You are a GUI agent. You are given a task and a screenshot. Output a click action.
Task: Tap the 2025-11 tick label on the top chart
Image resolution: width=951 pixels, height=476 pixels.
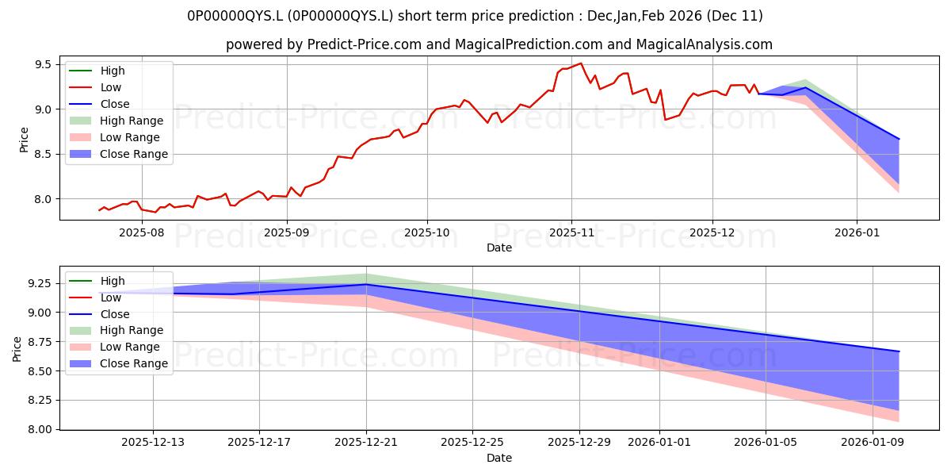pos(571,232)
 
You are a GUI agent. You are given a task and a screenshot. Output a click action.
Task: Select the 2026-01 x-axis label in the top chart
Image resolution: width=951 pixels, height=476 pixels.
pos(857,232)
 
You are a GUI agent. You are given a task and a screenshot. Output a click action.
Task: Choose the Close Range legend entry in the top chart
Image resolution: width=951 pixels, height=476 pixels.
pos(133,154)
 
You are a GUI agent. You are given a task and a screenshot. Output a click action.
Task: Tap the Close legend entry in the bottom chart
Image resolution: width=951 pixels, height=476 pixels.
pos(115,314)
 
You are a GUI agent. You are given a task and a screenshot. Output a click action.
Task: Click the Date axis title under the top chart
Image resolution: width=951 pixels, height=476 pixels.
pos(499,248)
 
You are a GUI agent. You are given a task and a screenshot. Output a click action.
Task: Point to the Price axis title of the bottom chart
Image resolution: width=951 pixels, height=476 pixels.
pos(17,347)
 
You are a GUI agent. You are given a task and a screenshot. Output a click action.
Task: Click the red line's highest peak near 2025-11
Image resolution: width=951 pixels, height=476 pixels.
pos(581,63)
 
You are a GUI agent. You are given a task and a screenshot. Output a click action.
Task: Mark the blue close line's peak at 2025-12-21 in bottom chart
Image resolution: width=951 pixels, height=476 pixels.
pos(366,284)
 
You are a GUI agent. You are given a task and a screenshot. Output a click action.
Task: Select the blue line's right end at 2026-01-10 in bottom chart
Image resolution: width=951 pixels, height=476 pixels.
pos(899,351)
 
